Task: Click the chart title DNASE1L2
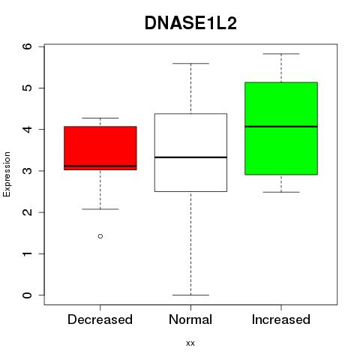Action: click(x=190, y=23)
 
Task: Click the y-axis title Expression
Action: click(x=7, y=174)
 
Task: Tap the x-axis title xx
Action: click(x=190, y=343)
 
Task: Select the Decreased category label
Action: click(x=100, y=319)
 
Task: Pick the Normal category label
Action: click(x=190, y=319)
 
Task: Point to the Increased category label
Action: click(x=281, y=319)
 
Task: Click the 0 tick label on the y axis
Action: click(x=28, y=295)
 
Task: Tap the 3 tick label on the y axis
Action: click(x=28, y=171)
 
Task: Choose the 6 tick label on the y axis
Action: click(x=28, y=46)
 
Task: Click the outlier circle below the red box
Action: click(x=100, y=236)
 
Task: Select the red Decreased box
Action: click(x=100, y=148)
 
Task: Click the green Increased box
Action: click(x=281, y=128)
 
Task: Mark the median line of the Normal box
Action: click(x=190, y=157)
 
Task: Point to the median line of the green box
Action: click(x=281, y=127)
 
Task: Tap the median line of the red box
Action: click(x=100, y=166)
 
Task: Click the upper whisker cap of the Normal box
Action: click(x=190, y=64)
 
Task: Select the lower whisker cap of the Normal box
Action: click(x=190, y=295)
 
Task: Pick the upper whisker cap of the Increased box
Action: click(x=281, y=54)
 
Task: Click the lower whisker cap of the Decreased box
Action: click(x=100, y=209)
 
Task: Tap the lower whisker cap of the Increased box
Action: click(x=281, y=192)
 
